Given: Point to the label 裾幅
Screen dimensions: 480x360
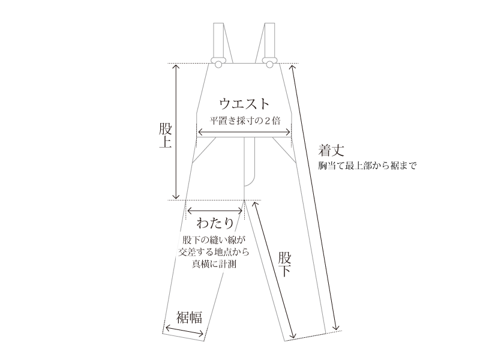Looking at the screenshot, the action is pyautogui.click(x=188, y=317).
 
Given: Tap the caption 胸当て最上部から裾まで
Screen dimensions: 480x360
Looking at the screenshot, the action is pyautogui.click(x=367, y=165).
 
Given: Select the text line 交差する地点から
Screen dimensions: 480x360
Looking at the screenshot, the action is pyautogui.click(x=214, y=252).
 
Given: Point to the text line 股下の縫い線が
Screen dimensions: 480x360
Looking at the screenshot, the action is pyautogui.click(x=214, y=241).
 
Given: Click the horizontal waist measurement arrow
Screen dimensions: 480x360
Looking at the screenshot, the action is pyautogui.click(x=244, y=133).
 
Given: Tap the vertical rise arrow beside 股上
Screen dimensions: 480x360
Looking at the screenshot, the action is pyautogui.click(x=176, y=132).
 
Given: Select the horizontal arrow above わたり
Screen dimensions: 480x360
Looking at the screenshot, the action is pyautogui.click(x=215, y=210).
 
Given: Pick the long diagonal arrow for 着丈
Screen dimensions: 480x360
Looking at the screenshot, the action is pyautogui.click(x=316, y=198).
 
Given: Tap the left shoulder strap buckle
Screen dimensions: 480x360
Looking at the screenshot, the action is pyautogui.click(x=218, y=61).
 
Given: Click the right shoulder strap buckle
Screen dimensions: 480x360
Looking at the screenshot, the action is pyautogui.click(x=270, y=61).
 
